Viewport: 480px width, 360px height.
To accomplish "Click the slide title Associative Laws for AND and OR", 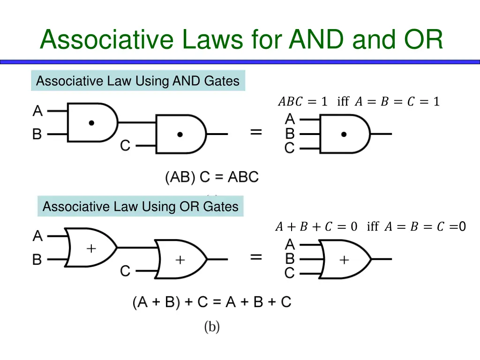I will (241, 39).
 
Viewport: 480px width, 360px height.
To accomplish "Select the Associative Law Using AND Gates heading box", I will (138, 81).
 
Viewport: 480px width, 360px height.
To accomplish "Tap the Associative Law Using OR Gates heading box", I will (141, 207).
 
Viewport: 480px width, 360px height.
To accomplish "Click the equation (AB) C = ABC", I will (211, 177).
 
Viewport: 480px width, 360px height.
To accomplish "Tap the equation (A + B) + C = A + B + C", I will (212, 302).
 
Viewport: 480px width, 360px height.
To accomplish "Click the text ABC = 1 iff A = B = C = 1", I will (359, 101).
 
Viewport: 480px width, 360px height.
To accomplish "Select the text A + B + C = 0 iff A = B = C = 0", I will (370, 227).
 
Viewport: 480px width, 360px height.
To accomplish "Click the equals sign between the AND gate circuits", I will (256, 132).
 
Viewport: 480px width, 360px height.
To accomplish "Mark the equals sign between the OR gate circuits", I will (256, 257).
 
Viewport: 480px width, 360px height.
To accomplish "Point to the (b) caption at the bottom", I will (212, 327).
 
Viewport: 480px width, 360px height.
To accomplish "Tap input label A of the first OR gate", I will (37, 236).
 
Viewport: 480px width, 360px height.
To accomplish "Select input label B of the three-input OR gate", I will (290, 259).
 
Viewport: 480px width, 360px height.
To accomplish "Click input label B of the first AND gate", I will (37, 135).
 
